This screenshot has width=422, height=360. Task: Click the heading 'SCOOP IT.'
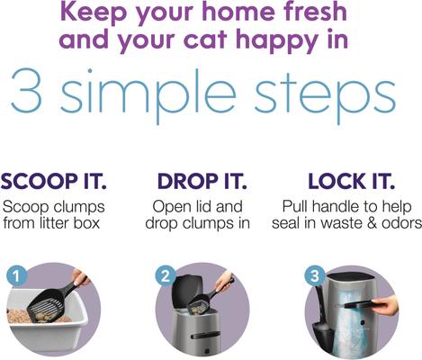(x=54, y=181)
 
